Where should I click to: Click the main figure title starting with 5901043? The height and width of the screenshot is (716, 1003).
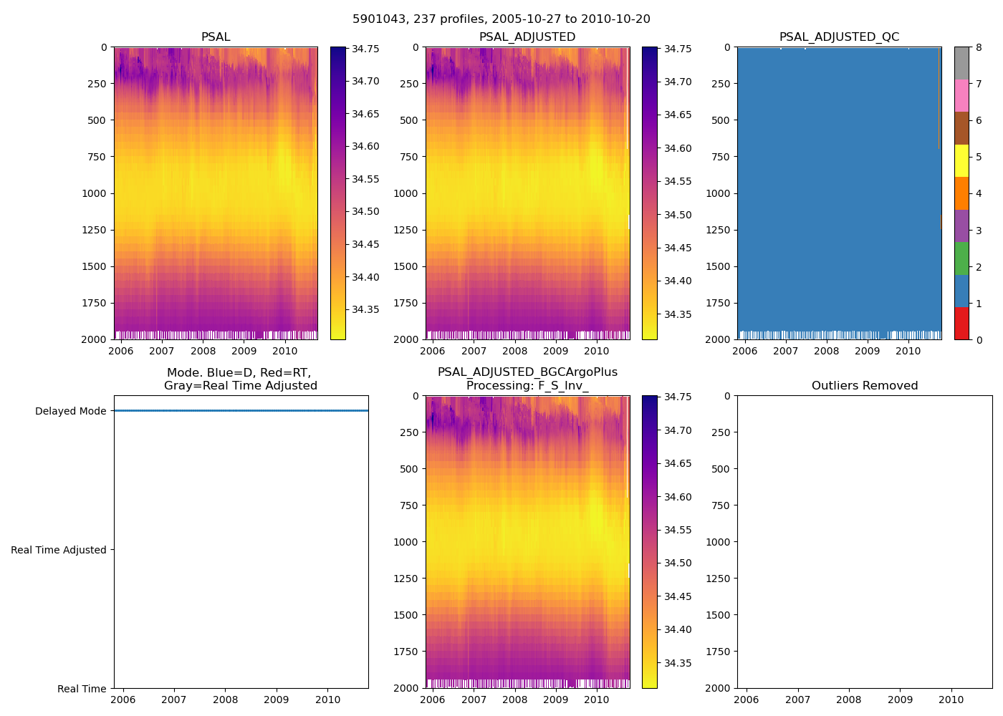(501, 19)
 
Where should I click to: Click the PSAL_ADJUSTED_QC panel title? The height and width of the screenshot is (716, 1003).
(839, 37)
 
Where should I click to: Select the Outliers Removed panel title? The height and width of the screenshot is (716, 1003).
(865, 386)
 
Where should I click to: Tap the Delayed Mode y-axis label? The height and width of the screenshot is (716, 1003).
(70, 411)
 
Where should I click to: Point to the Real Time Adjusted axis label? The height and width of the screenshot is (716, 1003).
(59, 550)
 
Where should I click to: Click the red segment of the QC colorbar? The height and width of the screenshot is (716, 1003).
(961, 323)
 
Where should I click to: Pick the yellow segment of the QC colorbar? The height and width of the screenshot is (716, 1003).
(961, 160)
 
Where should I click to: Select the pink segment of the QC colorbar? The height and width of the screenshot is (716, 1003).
(961, 95)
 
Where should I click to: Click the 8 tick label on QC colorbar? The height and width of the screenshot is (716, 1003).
(979, 48)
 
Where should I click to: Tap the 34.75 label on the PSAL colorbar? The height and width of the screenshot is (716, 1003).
(365, 49)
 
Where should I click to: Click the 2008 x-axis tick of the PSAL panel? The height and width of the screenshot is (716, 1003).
(203, 351)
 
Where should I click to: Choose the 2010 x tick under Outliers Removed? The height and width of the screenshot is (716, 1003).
(951, 700)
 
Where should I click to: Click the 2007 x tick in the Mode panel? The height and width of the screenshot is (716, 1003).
(174, 700)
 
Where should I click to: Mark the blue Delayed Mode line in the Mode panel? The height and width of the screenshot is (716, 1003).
(241, 411)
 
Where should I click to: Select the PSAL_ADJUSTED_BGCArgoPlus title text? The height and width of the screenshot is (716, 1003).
(527, 372)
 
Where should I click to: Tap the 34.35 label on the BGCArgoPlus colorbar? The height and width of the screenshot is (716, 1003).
(676, 663)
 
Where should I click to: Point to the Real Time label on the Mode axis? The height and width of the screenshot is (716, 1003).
(82, 689)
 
